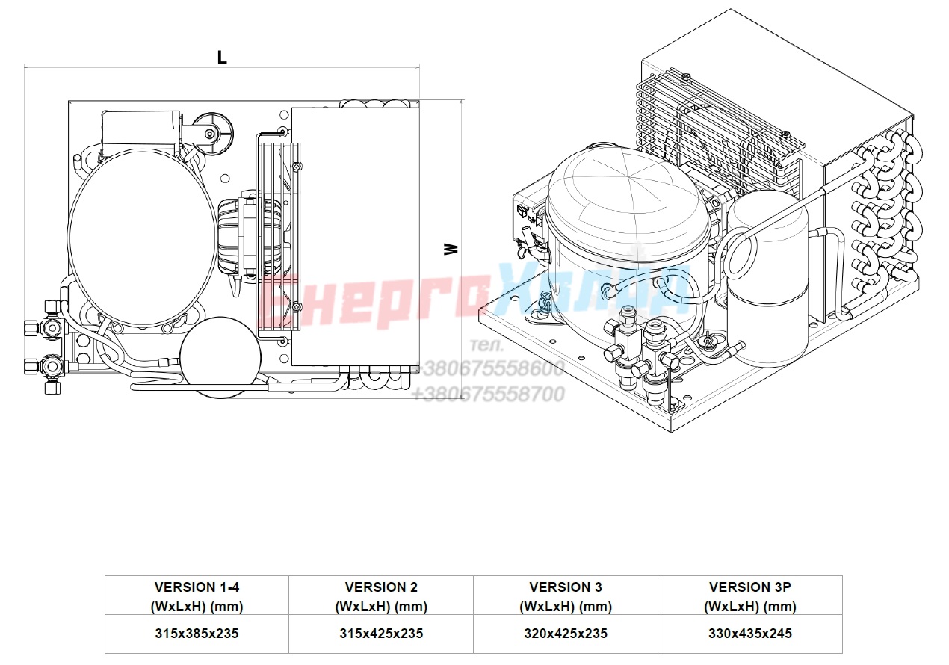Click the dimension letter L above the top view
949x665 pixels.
[222, 58]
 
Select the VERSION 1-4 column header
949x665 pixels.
[197, 597]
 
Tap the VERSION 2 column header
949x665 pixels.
[381, 597]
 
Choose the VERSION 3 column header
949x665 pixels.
[566, 597]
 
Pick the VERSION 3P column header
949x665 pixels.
[750, 597]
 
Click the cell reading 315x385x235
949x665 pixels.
[197, 633]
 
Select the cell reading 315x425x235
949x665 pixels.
[381, 633]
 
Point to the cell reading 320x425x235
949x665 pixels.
[566, 633]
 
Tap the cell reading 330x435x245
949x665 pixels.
[750, 633]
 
